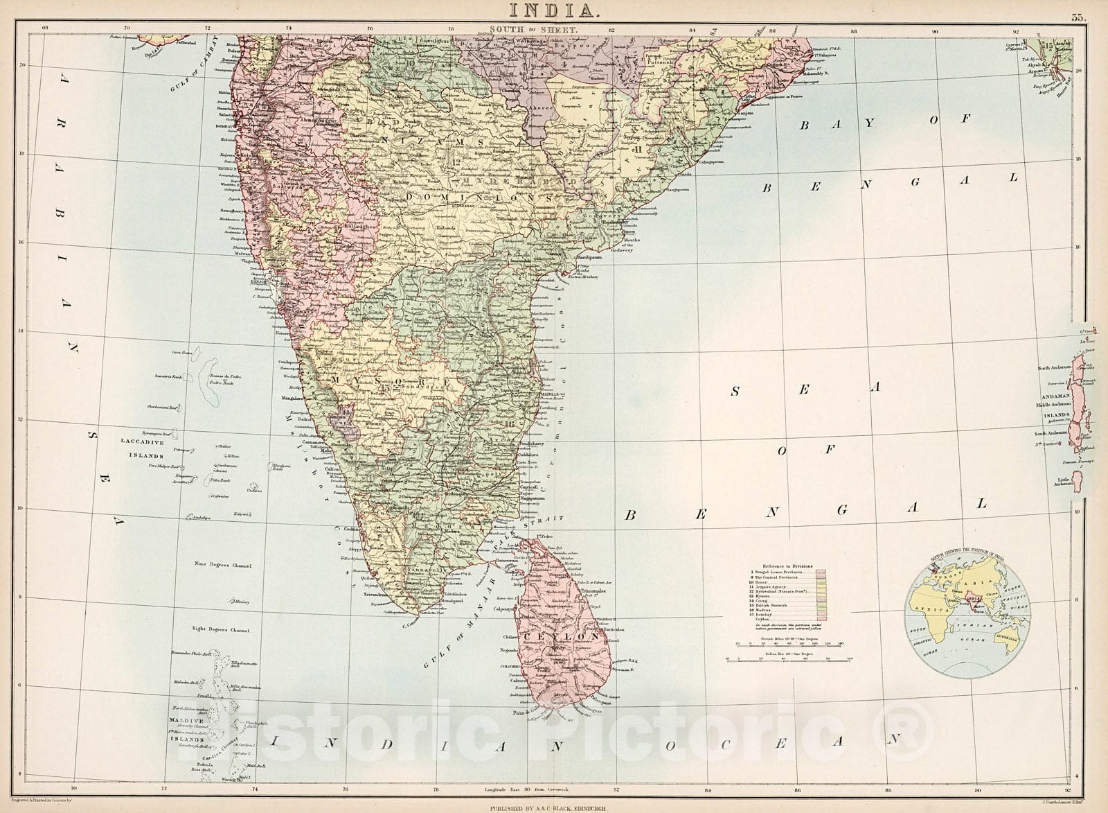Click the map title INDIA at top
click(x=553, y=10)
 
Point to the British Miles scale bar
click(x=789, y=645)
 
